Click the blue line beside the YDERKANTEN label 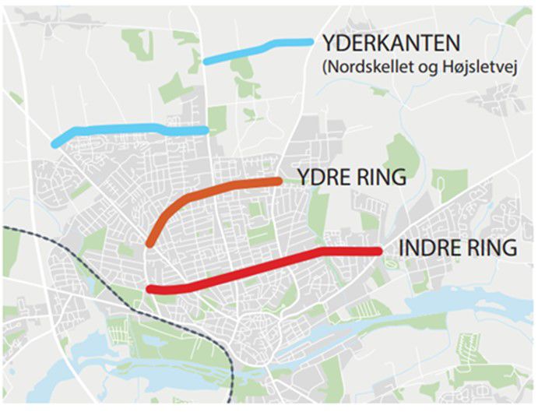(257, 48)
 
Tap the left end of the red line (149, 290)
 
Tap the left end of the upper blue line (206, 59)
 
